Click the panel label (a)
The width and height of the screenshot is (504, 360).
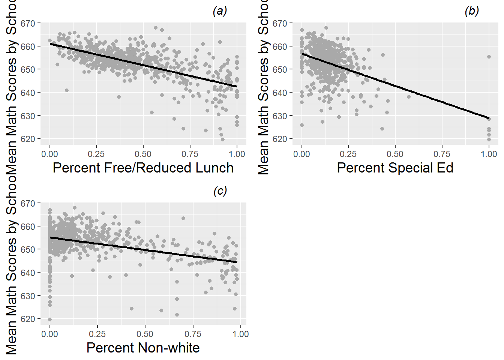point(220,11)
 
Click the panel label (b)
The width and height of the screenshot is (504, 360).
point(471,11)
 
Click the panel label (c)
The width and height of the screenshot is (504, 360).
point(220,191)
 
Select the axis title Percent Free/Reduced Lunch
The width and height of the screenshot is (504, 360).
point(143,168)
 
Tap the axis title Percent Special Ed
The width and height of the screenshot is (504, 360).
point(395,168)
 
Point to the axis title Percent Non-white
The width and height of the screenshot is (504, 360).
point(143,348)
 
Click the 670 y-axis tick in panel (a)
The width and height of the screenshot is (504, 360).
point(28,24)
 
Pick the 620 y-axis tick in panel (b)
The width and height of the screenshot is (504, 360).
point(280,139)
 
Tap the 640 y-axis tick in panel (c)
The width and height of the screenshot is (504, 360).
point(28,273)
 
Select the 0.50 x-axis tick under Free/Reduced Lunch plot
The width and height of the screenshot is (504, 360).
point(143,154)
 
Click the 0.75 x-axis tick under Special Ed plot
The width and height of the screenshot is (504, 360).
point(442,154)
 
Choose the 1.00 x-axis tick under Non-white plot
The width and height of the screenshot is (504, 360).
point(240,334)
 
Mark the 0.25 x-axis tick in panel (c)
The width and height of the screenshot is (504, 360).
point(97,334)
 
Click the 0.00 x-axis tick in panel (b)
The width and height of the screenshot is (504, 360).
point(301,154)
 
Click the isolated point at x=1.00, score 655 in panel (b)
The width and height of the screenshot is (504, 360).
point(489,57)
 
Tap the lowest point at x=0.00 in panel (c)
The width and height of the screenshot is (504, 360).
point(50,319)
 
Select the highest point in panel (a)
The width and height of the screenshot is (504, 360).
point(156,28)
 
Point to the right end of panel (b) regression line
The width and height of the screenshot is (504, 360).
point(489,118)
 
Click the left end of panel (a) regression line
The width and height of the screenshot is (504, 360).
point(50,44)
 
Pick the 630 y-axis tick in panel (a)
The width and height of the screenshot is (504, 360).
point(28,116)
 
